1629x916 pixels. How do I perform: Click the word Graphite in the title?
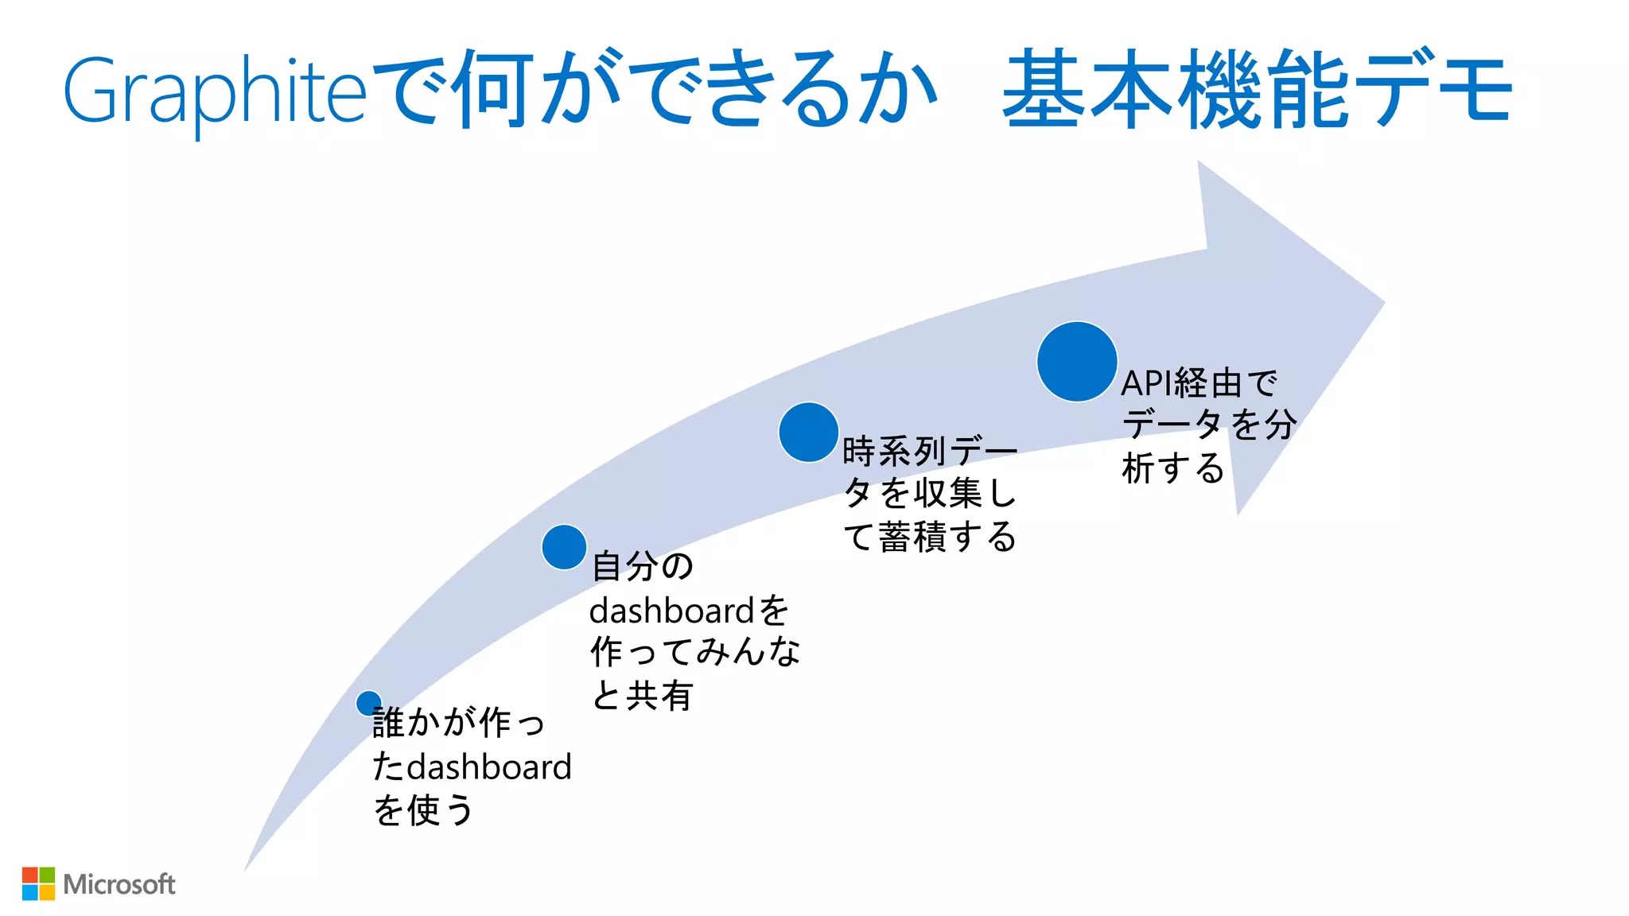(215, 91)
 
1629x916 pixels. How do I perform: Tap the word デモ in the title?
(1432, 89)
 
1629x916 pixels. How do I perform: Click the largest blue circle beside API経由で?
(1077, 362)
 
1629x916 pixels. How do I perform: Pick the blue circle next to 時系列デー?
(808, 433)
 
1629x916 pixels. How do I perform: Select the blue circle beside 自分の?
(564, 547)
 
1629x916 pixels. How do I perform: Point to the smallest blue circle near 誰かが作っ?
(368, 703)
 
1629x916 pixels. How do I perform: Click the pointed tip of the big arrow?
(1382, 302)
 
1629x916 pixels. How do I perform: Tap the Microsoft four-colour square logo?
(38, 883)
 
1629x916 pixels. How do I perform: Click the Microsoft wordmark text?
(119, 884)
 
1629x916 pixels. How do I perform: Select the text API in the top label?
(1146, 384)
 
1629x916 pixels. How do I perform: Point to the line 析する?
(1172, 468)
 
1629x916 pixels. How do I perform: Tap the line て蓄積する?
(930, 537)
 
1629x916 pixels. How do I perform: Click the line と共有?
(642, 696)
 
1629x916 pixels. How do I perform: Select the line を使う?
(423, 811)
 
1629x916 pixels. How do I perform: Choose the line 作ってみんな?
(695, 652)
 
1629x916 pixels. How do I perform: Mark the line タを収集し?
(930, 494)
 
